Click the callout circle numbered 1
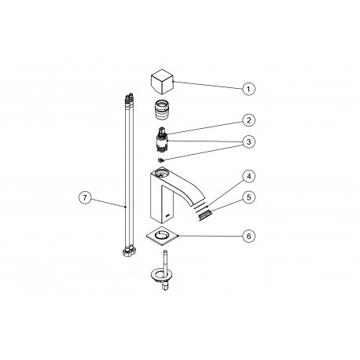[248, 89]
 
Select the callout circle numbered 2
[248, 120]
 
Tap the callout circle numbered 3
[248, 141]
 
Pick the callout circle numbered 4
[248, 176]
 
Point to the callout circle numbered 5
[248, 197]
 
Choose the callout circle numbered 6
[248, 236]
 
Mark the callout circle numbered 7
[85, 197]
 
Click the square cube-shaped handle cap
[163, 82]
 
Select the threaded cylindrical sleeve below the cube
[162, 109]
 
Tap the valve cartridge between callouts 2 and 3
[162, 140]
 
